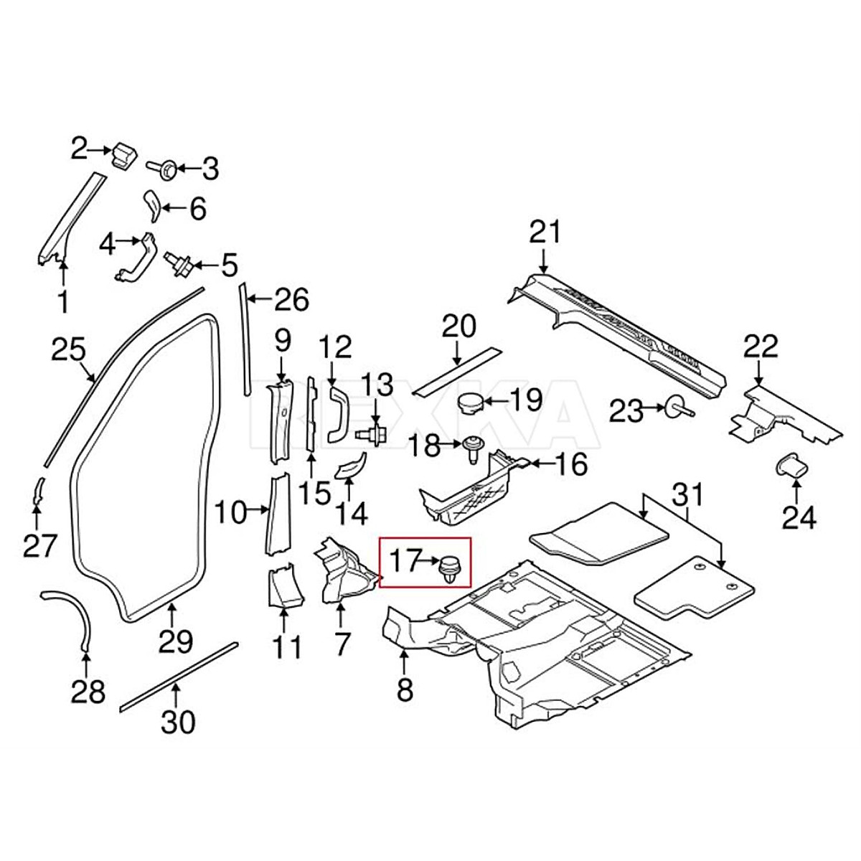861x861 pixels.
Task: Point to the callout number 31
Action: (x=687, y=494)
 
